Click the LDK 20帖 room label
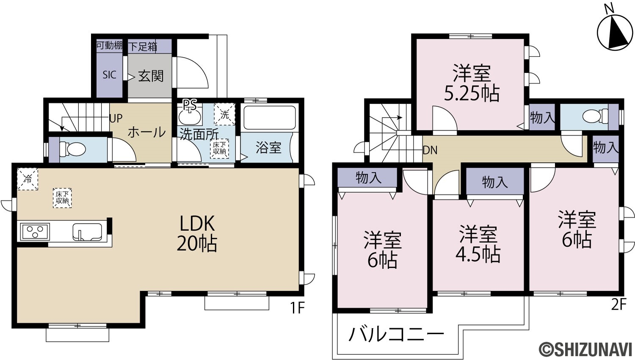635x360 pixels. tap(197, 233)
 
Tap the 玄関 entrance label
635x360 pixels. tap(151, 76)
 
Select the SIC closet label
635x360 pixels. tap(109, 75)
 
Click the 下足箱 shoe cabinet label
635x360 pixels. tap(143, 46)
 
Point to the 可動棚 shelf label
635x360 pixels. tap(109, 45)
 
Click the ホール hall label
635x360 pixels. tap(146, 132)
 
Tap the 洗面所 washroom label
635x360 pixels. tap(199, 134)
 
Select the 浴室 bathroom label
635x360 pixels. tap(268, 147)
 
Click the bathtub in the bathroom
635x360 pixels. tap(270, 118)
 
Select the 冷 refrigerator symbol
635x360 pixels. tap(28, 179)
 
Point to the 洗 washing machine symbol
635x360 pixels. tap(224, 114)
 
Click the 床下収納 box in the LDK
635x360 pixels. tap(62, 198)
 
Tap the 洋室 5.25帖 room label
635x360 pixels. tap(472, 83)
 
